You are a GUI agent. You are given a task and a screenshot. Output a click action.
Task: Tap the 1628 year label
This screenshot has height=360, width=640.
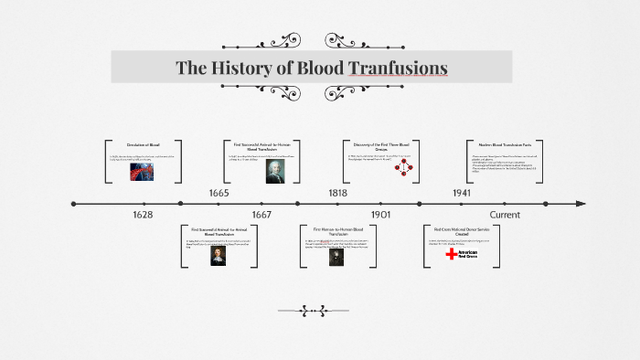[142, 215]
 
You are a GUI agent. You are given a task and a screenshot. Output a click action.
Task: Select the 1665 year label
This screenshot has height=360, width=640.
[219, 194]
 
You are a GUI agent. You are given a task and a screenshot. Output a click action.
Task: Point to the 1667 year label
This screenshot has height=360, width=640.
[261, 215]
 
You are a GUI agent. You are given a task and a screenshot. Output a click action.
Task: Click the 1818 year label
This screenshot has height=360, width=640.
[338, 194]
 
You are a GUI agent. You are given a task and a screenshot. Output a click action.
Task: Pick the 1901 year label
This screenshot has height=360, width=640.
[381, 215]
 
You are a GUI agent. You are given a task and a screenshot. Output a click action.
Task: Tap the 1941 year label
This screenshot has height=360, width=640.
[461, 194]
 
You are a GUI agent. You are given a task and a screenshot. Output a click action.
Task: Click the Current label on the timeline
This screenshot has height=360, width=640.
[505, 215]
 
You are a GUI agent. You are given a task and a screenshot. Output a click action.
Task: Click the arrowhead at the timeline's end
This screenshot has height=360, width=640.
[581, 204]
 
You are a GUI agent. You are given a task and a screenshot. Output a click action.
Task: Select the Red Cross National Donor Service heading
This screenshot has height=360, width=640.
[461, 230]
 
